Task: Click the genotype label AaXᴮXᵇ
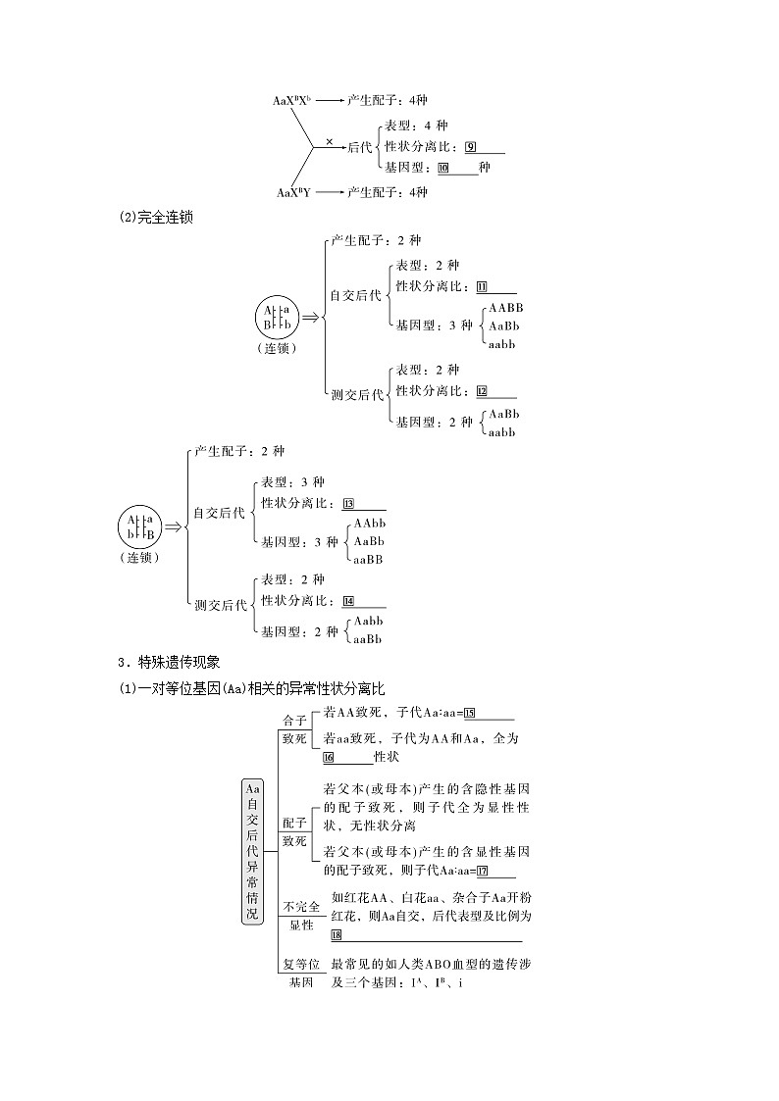291,100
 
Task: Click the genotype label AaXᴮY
291,192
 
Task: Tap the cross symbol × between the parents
329,141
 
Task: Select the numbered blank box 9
472,147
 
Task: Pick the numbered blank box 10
443,168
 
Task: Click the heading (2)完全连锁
154,218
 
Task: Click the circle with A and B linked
278,317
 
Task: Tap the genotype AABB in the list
506,308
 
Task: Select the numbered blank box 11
482,286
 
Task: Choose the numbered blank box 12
482,390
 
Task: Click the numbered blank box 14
348,601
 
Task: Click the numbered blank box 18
337,935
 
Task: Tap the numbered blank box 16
329,757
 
